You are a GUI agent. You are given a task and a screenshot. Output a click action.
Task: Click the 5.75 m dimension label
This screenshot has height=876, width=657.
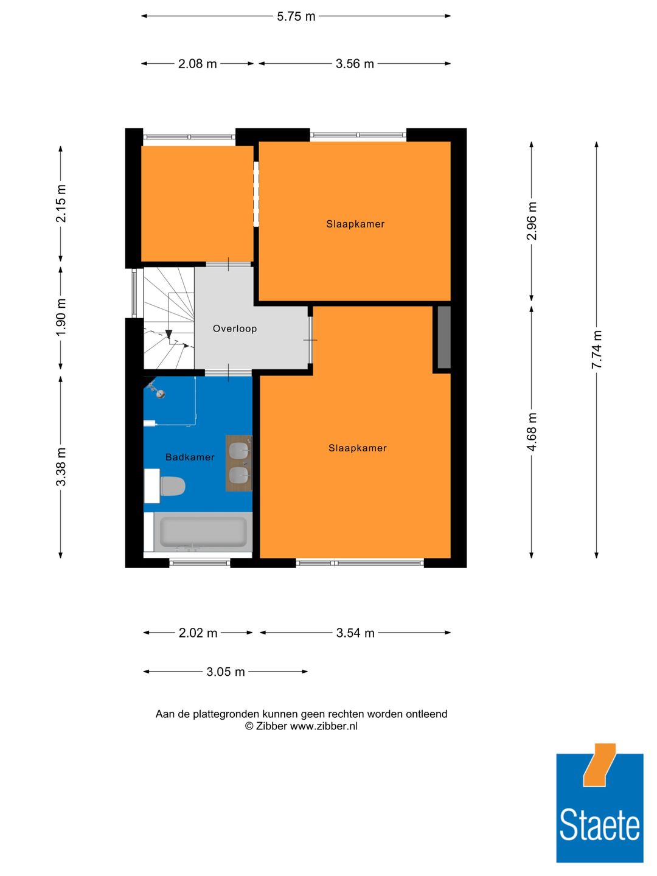tap(296, 16)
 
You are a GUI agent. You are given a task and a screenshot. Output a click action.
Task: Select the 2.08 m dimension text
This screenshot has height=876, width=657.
tap(197, 64)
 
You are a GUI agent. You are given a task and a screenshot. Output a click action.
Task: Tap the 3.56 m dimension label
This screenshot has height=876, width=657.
tap(355, 64)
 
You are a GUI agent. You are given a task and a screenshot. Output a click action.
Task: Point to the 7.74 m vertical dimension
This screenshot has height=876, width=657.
tap(597, 349)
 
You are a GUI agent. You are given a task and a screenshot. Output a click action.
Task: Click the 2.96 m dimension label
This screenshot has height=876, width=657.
tap(532, 221)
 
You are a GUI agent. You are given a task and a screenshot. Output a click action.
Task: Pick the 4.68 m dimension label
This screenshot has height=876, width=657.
tap(532, 432)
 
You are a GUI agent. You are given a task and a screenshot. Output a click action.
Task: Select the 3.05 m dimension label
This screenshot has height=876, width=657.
tap(225, 672)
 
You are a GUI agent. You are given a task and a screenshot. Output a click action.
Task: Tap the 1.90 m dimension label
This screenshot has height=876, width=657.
tap(61, 317)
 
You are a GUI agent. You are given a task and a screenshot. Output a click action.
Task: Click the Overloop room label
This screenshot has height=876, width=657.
tap(235, 328)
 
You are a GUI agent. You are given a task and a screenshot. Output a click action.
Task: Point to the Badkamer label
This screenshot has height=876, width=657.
tap(190, 457)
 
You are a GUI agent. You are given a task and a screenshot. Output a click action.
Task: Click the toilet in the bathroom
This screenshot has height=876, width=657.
tap(172, 486)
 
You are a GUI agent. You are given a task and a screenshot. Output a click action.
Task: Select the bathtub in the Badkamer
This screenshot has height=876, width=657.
tap(203, 532)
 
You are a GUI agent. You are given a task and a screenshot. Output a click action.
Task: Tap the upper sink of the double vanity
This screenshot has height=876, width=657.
tap(239, 451)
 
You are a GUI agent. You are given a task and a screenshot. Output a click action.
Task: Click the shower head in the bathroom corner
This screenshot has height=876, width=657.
tap(159, 394)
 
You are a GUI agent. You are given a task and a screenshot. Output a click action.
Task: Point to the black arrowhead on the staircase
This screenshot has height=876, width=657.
tap(169, 335)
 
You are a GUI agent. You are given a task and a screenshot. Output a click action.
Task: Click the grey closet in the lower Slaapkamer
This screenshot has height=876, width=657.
tap(444, 337)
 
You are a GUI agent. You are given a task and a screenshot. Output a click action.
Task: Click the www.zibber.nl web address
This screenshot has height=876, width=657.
tap(324, 726)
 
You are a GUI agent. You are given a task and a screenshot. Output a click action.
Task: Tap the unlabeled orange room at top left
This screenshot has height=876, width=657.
tap(197, 203)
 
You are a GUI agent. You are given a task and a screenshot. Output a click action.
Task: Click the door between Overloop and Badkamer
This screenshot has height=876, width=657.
tap(228, 372)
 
